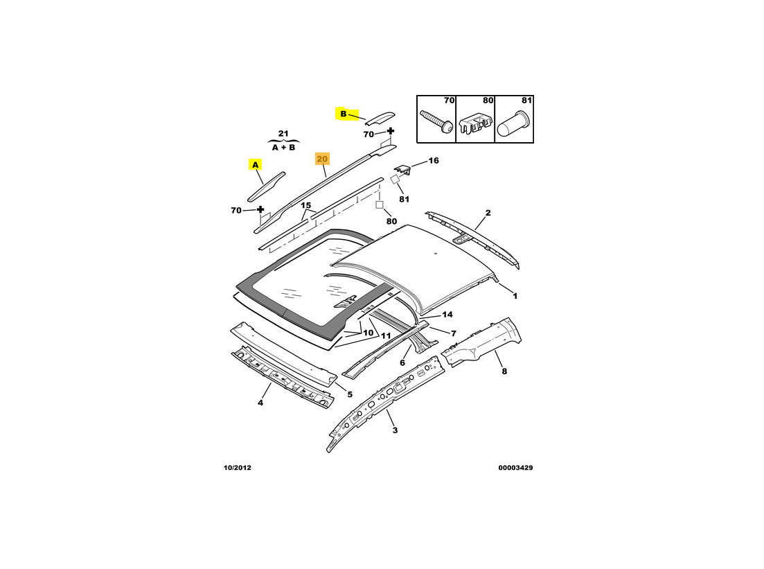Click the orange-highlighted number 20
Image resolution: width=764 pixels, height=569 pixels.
coord(323,159)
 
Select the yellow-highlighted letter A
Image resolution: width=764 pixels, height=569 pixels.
coord(256,165)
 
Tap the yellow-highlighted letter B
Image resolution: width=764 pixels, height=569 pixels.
coord(343,114)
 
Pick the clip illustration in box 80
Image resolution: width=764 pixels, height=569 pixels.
coord(474,124)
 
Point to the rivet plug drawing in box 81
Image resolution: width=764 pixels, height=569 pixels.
coord(514,124)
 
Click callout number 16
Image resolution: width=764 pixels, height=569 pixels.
coord(433,160)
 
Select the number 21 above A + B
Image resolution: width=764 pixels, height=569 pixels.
coord(283,133)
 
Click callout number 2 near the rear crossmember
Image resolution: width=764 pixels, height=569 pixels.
coord(488,213)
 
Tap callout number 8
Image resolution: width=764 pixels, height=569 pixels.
coord(504,371)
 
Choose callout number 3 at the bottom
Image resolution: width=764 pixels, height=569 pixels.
coord(395,430)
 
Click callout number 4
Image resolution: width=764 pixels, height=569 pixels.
coord(260,402)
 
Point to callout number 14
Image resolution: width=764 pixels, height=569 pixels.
coord(447,315)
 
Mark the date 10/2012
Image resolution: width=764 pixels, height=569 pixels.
coord(238,468)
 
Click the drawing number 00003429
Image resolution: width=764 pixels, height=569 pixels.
coord(515,468)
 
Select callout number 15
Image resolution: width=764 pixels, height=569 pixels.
coord(305,205)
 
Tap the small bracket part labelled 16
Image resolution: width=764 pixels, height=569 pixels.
coord(402,170)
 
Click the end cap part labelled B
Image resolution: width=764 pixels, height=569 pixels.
coord(380,118)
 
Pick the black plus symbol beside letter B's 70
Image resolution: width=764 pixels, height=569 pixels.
coord(390,131)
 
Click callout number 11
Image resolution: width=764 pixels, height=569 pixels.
coord(386,335)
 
